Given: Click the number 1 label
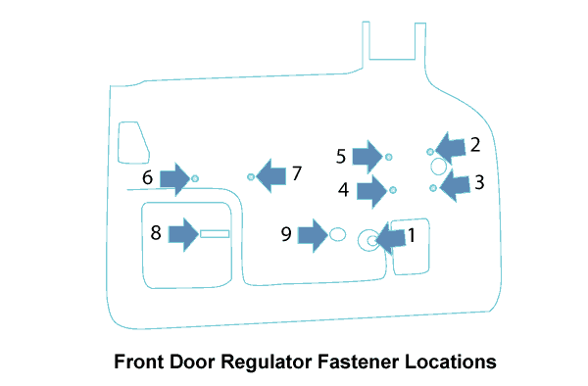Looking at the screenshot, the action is point(412,235).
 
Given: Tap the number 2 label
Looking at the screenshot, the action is point(474,145).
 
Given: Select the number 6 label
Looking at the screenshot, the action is point(147,177).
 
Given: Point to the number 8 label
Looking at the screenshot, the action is point(156,232).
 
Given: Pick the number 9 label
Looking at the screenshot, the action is point(286,234).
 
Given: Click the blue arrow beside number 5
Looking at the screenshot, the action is point(367,157).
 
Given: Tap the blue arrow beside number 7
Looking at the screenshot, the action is point(270,175).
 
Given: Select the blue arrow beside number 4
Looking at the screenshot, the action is point(371,191).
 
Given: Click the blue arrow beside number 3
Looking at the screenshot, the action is point(455,185).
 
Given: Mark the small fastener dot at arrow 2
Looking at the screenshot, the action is point(430,152).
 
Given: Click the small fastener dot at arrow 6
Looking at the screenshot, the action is point(195,178).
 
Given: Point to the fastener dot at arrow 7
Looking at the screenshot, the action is point(251,177).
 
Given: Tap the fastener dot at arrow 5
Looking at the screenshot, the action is point(388,157).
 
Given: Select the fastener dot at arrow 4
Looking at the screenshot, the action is point(393,190).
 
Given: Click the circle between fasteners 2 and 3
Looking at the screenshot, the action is point(438,159).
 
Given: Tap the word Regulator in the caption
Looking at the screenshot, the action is point(266,362).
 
